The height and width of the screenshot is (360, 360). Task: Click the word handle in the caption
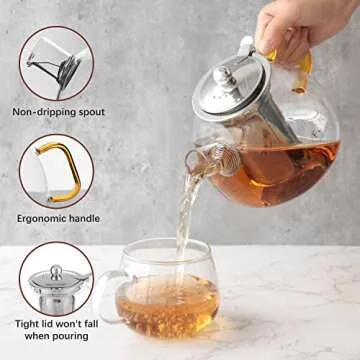(x=82, y=219)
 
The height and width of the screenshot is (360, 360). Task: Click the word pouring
(x=70, y=336)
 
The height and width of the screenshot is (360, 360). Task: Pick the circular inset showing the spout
(x=56, y=63)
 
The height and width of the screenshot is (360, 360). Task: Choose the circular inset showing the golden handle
(x=56, y=172)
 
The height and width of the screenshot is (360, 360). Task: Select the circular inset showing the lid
(x=56, y=279)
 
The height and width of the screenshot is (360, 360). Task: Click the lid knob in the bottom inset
(x=56, y=272)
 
